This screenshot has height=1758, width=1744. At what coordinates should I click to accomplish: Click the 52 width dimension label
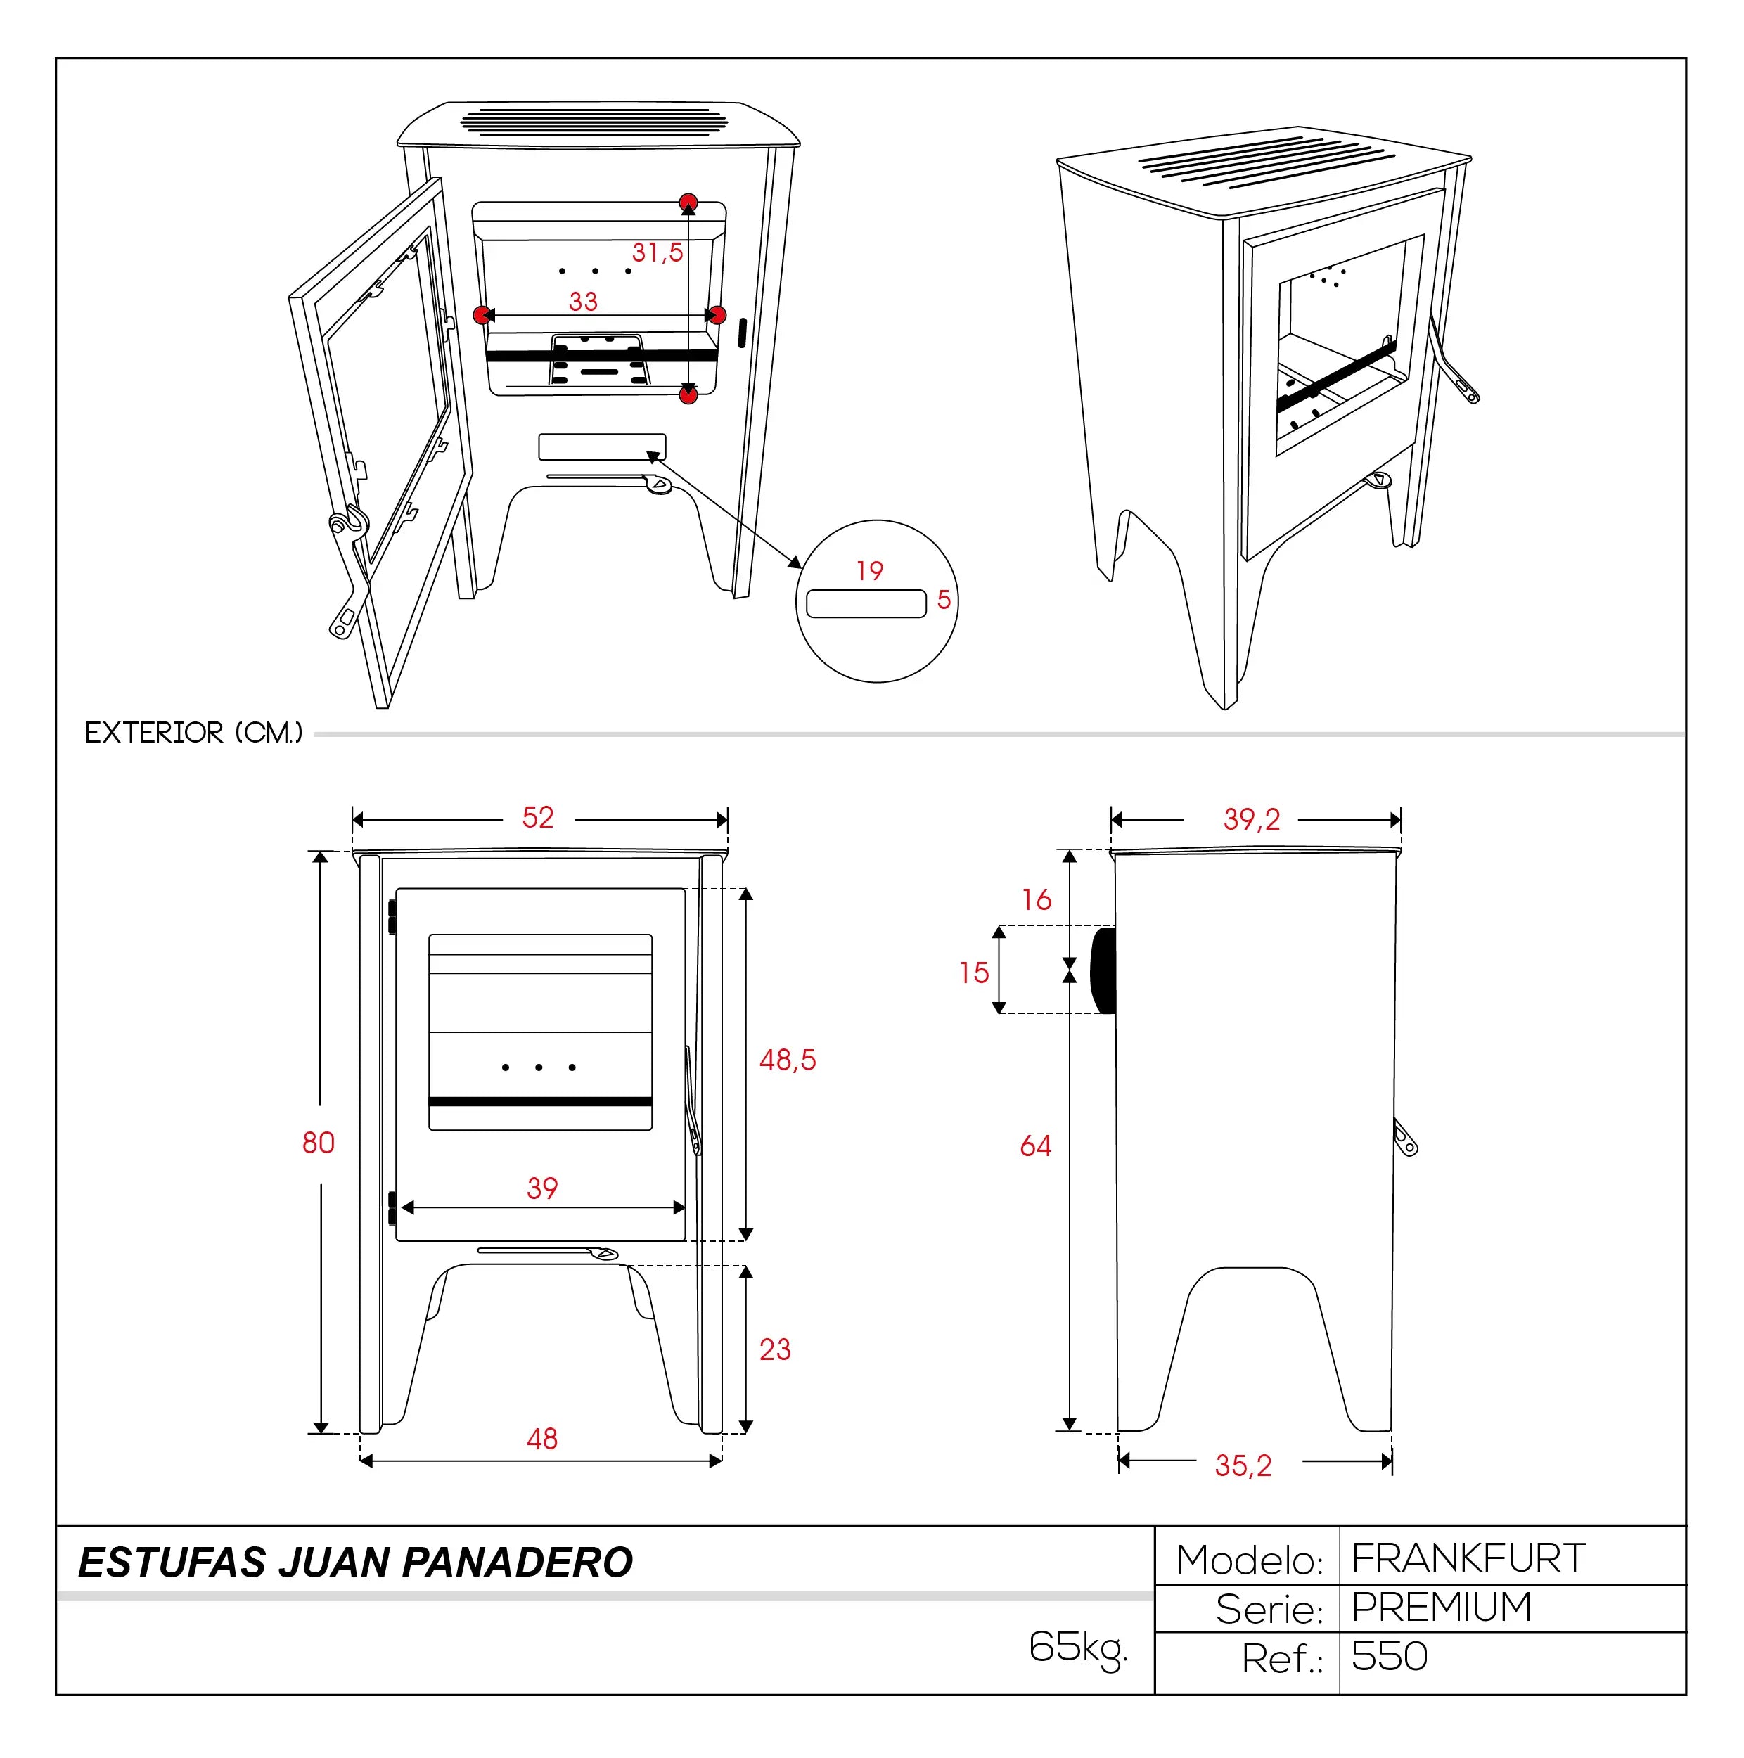(538, 817)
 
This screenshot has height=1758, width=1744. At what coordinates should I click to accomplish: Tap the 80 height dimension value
(319, 1142)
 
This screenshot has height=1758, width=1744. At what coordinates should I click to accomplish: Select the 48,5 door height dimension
(788, 1060)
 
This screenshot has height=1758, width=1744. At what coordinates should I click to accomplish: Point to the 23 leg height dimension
(775, 1349)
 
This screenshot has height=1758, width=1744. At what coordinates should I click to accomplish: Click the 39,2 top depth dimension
(1252, 820)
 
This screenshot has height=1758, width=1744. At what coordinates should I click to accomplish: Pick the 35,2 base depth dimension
(1243, 1466)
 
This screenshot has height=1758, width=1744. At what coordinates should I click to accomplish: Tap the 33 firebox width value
(583, 301)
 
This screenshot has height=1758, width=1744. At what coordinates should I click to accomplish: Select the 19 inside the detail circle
(870, 570)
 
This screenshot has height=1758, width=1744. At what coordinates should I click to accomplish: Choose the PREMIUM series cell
(1441, 1608)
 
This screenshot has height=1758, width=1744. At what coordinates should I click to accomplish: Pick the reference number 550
(1389, 1657)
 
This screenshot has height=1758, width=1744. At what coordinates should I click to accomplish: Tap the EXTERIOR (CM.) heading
(194, 733)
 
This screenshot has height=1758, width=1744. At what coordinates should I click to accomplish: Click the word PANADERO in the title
(517, 1563)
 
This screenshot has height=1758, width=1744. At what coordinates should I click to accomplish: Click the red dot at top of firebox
(688, 201)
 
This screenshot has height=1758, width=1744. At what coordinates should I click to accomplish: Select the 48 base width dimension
(542, 1439)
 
